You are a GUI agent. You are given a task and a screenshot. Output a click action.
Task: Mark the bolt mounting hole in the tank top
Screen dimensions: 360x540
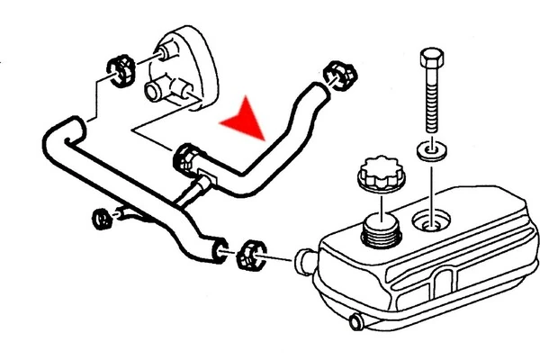pos(430,218)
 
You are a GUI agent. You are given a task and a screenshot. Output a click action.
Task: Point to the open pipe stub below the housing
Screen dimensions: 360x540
pos(155,88)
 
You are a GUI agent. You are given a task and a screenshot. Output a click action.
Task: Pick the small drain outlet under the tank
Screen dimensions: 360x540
pos(358,319)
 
